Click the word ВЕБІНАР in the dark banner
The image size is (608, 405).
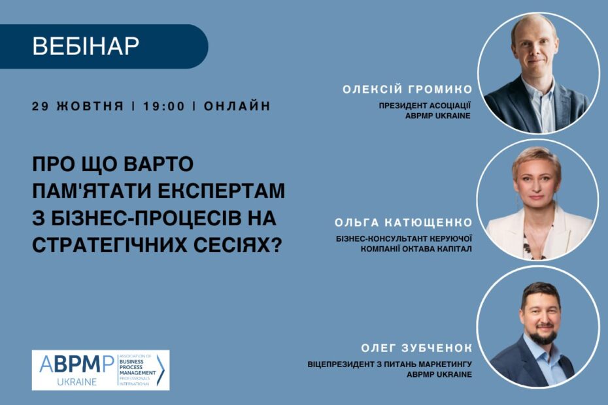(86, 46)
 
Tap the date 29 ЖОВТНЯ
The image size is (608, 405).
(78, 106)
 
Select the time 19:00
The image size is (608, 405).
(164, 106)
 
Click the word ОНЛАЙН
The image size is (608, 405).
(237, 106)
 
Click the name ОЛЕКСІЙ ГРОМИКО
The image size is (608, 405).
(407, 89)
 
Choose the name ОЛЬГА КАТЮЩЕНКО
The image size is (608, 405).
(403, 223)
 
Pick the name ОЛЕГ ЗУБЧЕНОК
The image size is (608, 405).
(416, 348)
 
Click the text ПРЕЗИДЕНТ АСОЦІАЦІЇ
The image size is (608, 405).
(424, 105)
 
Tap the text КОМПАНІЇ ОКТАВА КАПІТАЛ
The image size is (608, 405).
(416, 249)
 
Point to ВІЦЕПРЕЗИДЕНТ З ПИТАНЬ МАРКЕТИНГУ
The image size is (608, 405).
(390, 364)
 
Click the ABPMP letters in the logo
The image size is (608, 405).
(76, 364)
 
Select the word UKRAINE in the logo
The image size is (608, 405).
(76, 381)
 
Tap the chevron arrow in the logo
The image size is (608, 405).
(161, 370)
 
